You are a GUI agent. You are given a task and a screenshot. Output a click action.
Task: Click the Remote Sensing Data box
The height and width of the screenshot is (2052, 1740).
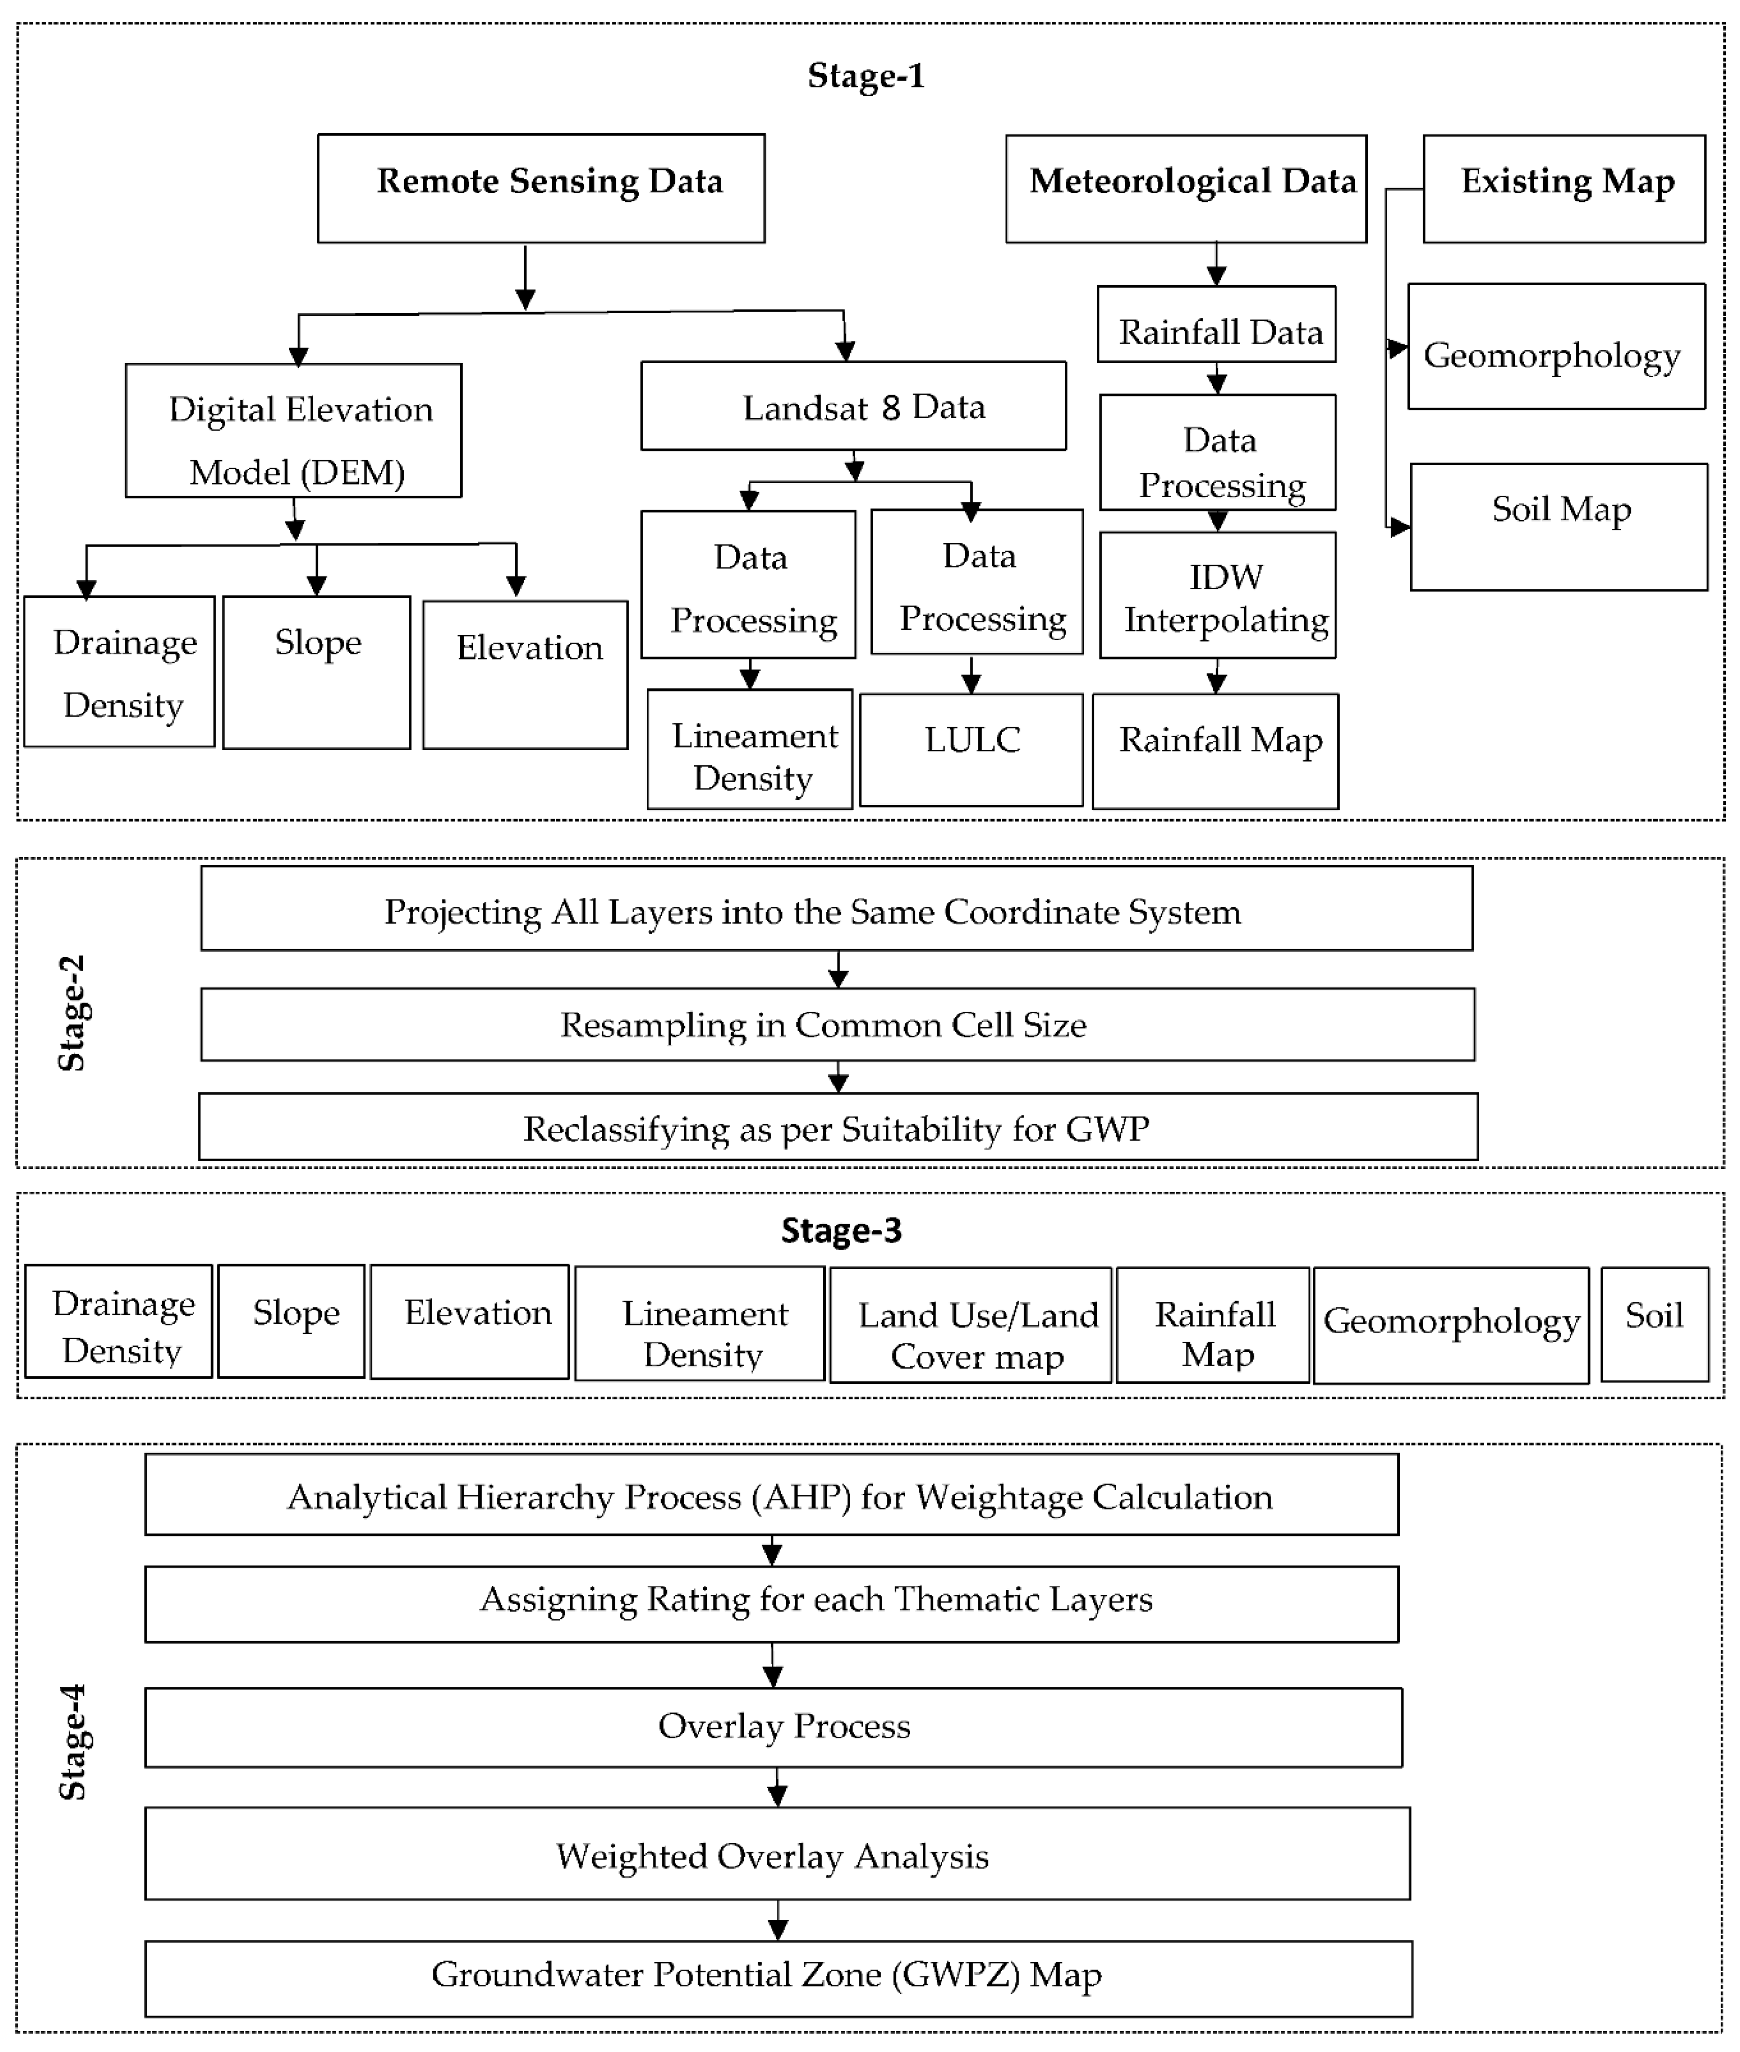point(541,187)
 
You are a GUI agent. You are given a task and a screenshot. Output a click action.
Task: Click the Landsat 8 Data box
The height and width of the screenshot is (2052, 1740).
point(853,405)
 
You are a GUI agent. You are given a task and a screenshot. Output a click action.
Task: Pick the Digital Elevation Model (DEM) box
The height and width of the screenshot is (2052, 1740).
point(293,430)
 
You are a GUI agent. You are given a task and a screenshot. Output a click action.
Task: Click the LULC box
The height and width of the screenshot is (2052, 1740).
point(971,749)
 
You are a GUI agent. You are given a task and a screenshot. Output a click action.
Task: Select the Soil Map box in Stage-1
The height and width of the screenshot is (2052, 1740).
point(1558,527)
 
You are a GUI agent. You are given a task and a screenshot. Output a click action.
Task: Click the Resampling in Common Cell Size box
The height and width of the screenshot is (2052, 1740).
point(837,1024)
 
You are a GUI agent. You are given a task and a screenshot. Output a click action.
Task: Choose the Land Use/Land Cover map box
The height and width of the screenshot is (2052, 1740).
point(971,1324)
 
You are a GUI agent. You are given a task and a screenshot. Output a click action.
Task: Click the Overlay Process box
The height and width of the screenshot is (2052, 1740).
point(773,1727)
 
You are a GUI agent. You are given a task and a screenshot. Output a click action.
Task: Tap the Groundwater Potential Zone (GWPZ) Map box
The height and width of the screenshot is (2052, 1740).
point(778,1978)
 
